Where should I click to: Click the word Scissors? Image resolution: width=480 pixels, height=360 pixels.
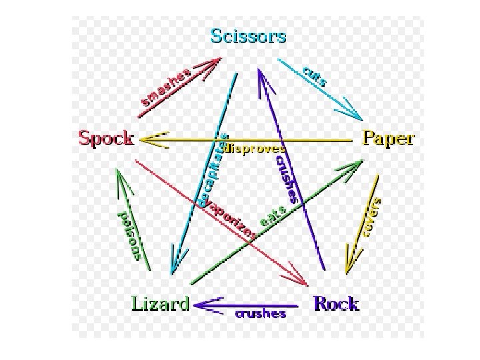point(248,35)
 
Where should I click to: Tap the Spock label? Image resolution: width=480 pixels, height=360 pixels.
point(107,139)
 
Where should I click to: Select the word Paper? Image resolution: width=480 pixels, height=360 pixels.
point(388,139)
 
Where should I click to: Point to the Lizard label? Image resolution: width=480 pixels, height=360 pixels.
point(160,304)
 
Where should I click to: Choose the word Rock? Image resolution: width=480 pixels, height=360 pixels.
point(336,304)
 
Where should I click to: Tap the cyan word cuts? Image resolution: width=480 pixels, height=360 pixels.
point(315,76)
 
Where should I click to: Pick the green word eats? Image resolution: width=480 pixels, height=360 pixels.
point(273,217)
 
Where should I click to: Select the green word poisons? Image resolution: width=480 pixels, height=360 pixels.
point(130,235)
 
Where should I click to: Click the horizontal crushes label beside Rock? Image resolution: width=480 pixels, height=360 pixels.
point(260,313)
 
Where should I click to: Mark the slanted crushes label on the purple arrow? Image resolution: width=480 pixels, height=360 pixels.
point(285,177)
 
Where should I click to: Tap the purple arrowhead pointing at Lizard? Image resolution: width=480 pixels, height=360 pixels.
point(203,305)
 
